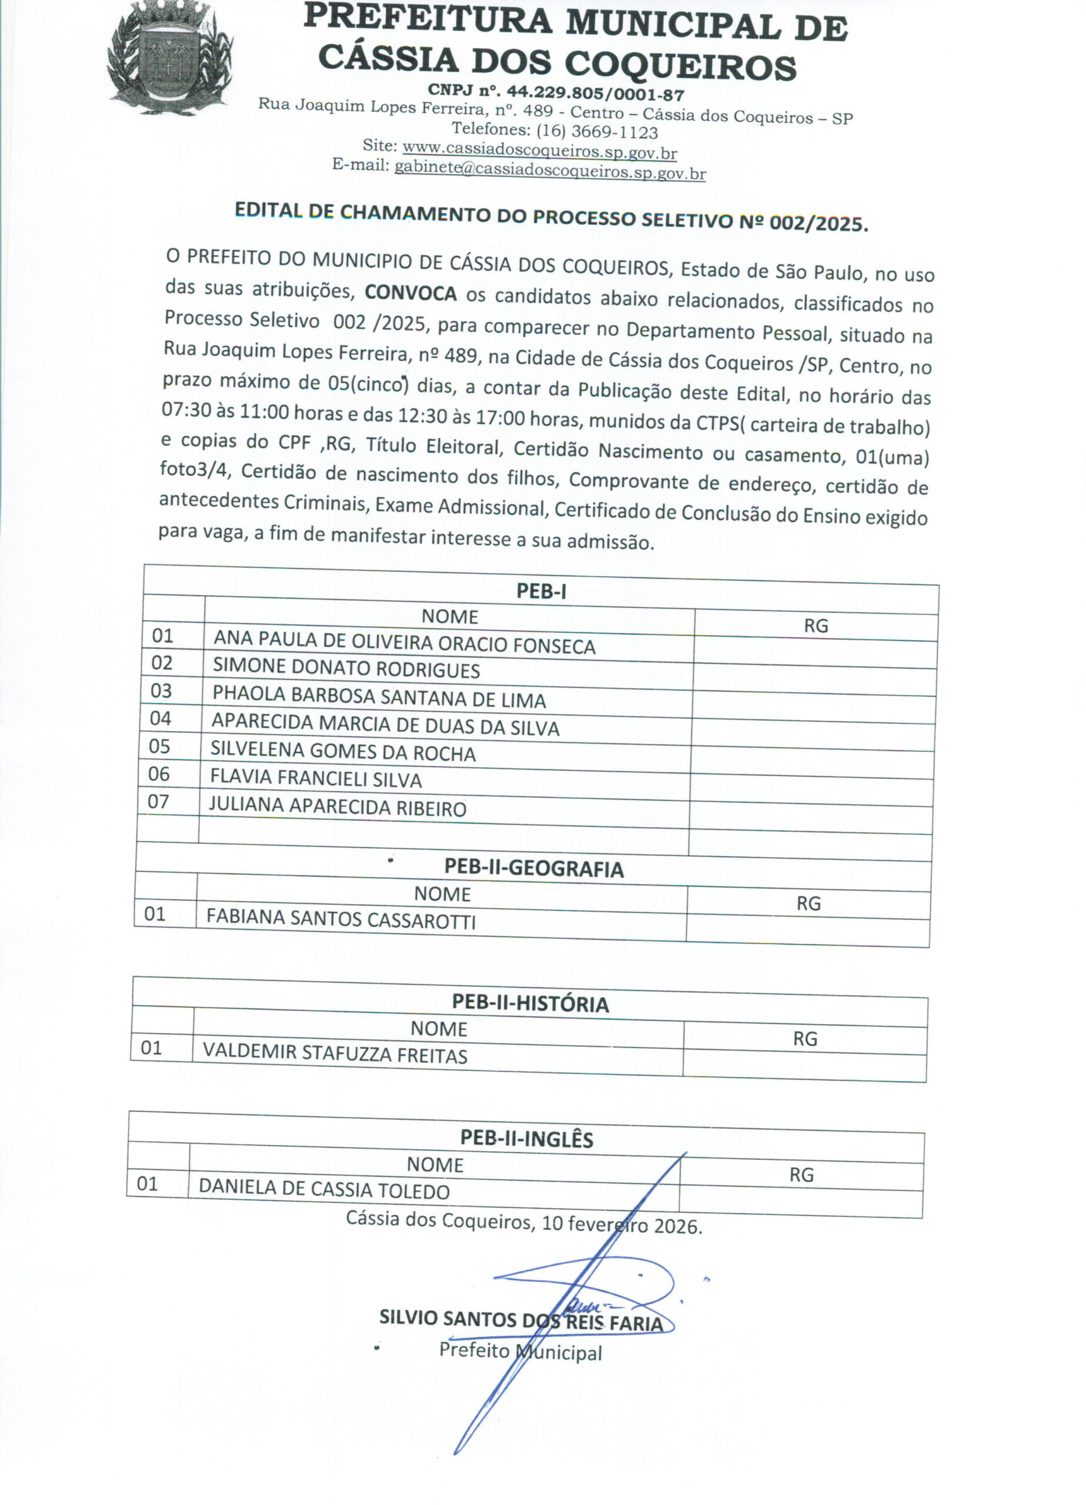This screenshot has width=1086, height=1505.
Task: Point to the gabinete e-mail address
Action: (x=550, y=171)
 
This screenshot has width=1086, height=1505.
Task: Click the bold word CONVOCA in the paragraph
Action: (x=410, y=293)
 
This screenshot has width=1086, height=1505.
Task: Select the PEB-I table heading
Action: (x=541, y=591)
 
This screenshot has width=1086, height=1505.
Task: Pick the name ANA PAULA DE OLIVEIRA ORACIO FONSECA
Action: (x=405, y=643)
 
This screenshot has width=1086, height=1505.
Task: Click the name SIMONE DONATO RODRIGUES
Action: (x=346, y=668)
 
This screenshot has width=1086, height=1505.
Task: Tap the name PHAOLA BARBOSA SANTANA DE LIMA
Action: (x=379, y=697)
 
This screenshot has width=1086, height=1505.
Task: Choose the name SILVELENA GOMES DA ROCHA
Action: (x=343, y=751)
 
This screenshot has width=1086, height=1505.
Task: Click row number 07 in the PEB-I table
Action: (x=158, y=802)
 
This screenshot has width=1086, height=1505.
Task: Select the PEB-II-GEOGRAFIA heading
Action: (x=534, y=869)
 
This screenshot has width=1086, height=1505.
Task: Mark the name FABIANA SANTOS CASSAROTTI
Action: (x=340, y=919)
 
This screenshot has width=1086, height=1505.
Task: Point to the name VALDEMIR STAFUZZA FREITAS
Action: (x=335, y=1053)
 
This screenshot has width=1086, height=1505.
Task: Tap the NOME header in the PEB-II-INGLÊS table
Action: (x=435, y=1165)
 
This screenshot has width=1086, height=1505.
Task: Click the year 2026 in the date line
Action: (x=676, y=1226)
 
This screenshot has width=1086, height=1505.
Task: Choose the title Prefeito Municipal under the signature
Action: (x=520, y=1350)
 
